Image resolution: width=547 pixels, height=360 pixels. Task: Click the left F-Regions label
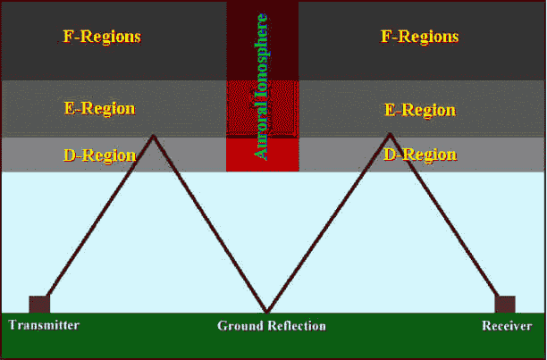pos(102,38)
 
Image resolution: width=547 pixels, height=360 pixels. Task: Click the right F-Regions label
pos(419,38)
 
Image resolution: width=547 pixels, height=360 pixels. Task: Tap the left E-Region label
pos(100,109)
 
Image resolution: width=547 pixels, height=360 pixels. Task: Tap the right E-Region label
pos(420,110)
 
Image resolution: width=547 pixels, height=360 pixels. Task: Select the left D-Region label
pos(99,155)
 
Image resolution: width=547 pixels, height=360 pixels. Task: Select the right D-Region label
pos(419,155)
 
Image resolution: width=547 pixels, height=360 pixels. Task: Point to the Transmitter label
pos(45,325)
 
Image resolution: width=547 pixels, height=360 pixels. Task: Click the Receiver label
pos(508,326)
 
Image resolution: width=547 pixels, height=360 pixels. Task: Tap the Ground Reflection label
pos(272,326)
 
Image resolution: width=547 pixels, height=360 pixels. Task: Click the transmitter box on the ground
pos(38,304)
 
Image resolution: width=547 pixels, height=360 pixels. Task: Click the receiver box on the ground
pos(505,304)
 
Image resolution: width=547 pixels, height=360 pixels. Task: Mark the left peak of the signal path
pos(154,136)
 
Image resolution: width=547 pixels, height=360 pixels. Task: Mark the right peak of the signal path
pos(390,135)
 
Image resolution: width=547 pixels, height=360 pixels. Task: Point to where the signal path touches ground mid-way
pos(266,312)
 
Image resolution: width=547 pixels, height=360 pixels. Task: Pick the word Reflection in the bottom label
pos(297,326)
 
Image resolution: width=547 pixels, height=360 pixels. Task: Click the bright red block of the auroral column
pos(261,155)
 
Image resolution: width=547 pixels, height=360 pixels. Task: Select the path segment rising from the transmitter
pos(98,219)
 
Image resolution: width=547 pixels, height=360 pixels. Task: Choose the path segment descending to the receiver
pos(445,219)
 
